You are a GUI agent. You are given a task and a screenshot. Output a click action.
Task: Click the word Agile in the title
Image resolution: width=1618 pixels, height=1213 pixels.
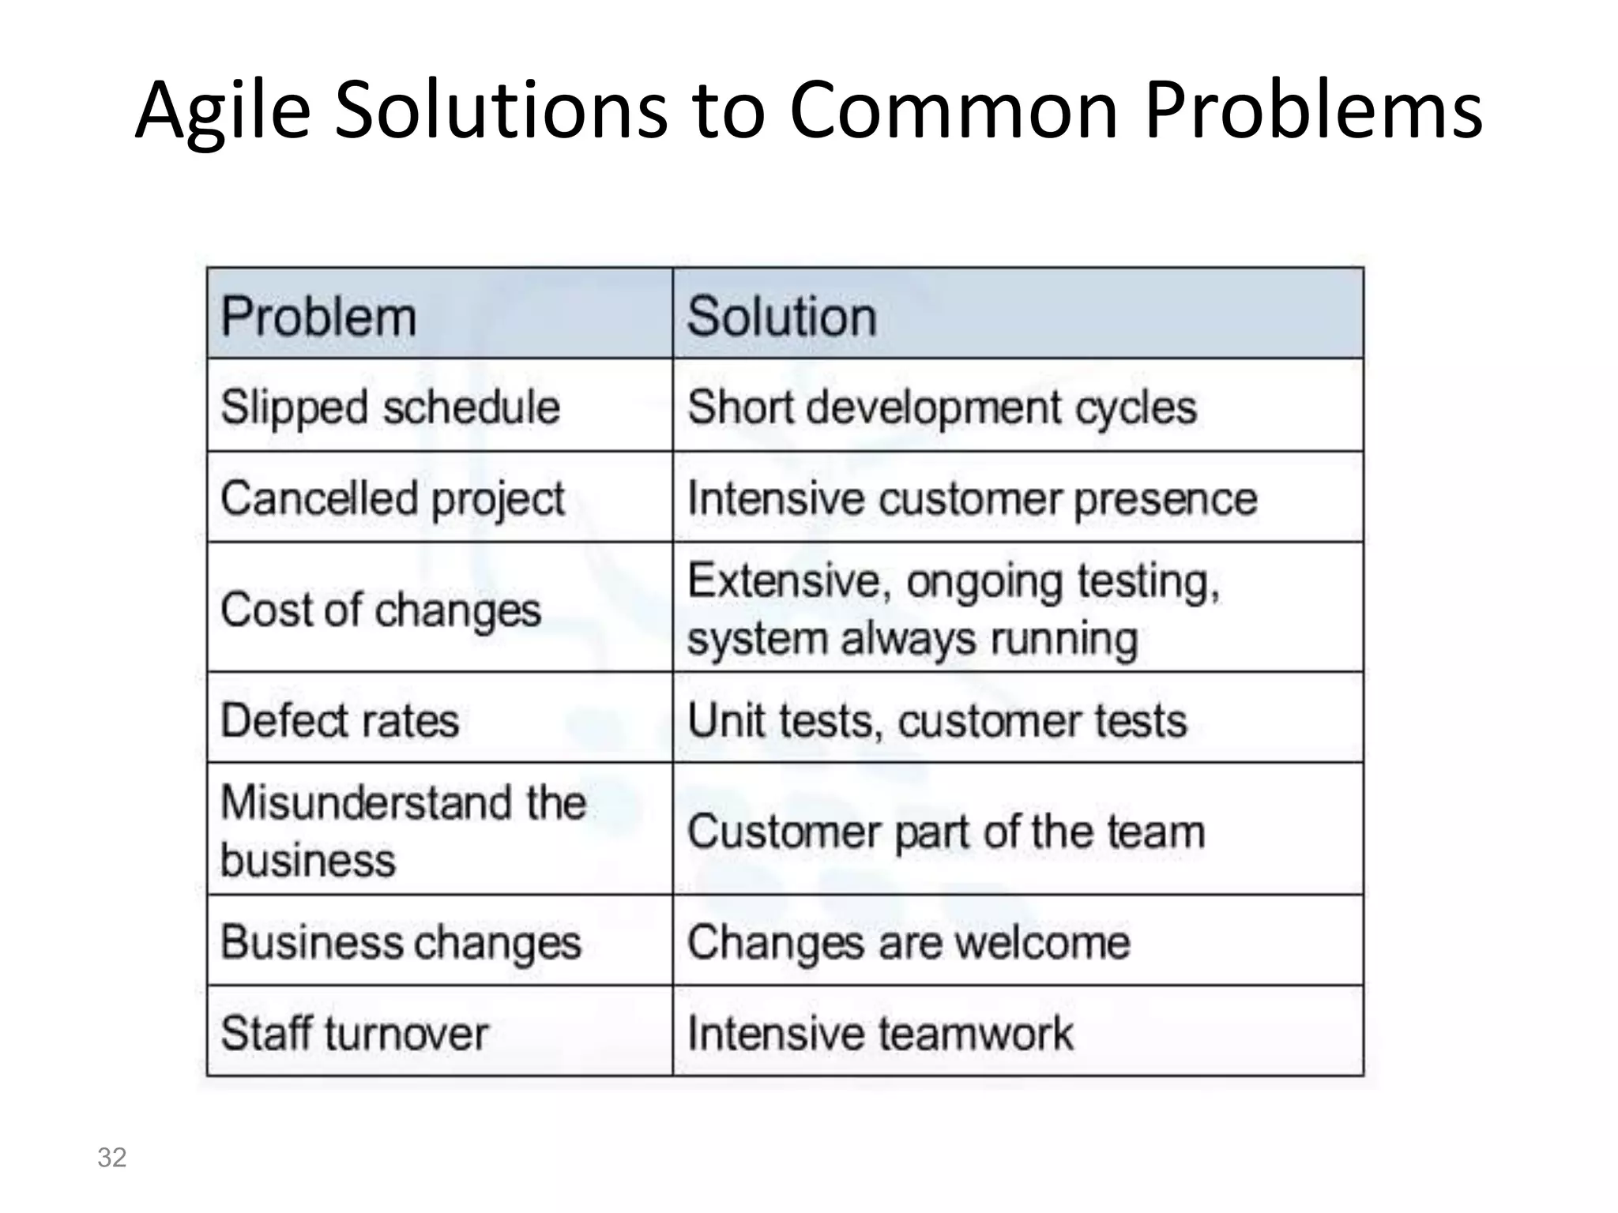point(223,111)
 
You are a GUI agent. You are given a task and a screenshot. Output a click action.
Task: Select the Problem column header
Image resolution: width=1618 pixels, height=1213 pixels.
point(318,317)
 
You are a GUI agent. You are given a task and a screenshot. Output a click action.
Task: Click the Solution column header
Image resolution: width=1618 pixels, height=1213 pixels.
point(782,317)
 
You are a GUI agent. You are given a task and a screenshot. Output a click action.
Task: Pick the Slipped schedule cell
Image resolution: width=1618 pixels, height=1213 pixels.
point(390,407)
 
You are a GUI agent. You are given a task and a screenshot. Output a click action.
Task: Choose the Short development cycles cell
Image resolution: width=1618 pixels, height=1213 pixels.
point(942,407)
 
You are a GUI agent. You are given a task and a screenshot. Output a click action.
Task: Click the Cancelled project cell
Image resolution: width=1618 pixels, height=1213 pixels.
point(393,499)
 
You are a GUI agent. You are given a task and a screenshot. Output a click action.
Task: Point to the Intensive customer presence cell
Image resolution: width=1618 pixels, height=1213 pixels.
point(972,499)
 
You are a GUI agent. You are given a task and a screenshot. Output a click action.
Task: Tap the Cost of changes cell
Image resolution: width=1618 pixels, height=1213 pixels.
point(381,610)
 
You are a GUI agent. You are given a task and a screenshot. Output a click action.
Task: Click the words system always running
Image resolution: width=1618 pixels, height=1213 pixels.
point(912,639)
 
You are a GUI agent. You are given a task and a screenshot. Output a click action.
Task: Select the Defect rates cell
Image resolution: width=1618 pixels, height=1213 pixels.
point(340,720)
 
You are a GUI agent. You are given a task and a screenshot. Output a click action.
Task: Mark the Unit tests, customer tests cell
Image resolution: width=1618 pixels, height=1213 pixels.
point(937,720)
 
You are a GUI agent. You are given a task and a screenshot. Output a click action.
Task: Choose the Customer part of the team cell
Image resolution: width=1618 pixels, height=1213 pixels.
point(946,832)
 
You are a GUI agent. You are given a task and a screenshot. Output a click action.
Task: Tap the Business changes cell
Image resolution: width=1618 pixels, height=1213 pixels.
point(401,942)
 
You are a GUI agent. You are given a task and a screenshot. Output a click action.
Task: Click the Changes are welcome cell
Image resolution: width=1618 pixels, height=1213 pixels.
point(909,942)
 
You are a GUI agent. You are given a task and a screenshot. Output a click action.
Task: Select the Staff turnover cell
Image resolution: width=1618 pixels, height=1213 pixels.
point(355,1033)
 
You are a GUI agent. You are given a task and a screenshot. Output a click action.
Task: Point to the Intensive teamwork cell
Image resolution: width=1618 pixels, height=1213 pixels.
point(880,1033)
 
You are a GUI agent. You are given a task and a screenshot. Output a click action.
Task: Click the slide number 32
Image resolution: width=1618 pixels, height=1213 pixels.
point(111,1157)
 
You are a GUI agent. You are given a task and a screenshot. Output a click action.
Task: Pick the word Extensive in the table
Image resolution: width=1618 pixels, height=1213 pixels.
point(783,581)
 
